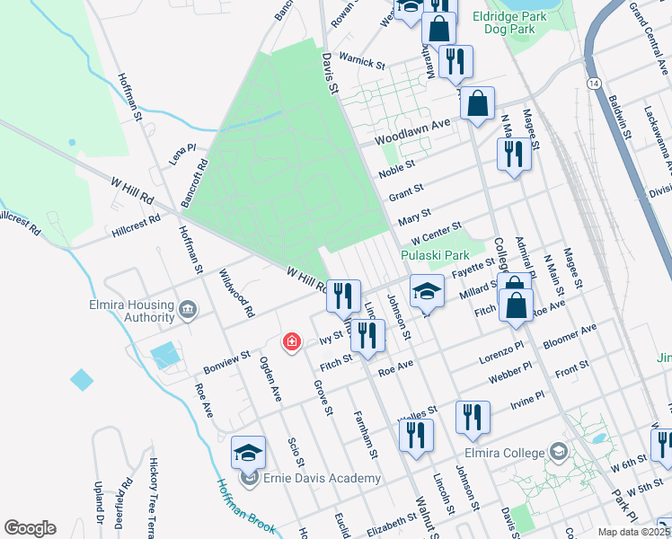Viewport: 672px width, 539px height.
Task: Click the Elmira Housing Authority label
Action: click(x=131, y=310)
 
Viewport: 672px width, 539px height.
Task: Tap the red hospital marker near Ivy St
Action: click(x=291, y=342)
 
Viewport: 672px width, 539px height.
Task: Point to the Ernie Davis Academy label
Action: click(x=320, y=478)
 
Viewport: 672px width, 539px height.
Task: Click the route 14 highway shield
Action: click(x=594, y=83)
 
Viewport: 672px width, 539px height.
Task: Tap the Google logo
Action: click(x=31, y=528)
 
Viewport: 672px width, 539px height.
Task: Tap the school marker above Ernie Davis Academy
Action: click(x=249, y=452)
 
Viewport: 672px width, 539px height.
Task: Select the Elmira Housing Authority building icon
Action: click(x=188, y=311)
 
